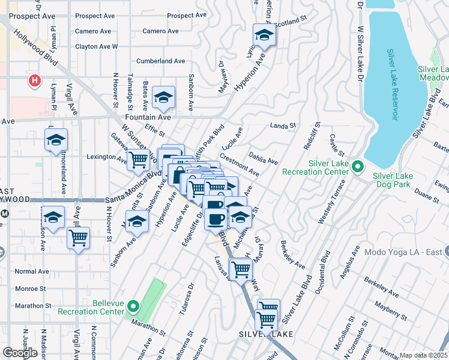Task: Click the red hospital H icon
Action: pos(35,80)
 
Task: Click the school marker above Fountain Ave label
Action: pos(163,97)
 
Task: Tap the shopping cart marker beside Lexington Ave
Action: pos(139,160)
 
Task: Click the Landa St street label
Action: pos(283,126)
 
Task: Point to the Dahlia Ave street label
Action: pos(264,157)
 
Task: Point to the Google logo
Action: pos(20,353)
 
